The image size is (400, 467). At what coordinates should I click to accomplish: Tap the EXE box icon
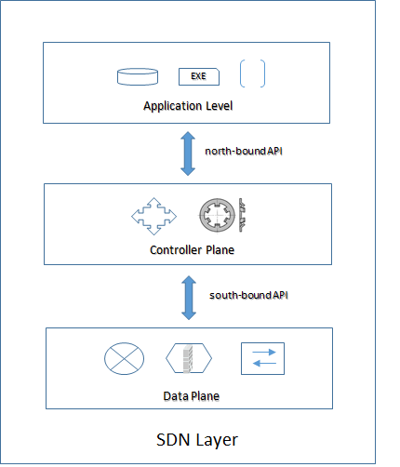[197, 75]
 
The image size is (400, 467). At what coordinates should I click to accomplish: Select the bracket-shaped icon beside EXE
[252, 74]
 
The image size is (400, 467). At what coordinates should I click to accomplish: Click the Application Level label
[188, 105]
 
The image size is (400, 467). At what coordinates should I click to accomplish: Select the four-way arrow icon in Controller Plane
[153, 216]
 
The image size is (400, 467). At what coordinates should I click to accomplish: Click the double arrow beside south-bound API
[188, 297]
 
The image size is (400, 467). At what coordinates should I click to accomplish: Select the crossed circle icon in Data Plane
[121, 359]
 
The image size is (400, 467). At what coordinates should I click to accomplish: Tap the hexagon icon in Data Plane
[188, 359]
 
